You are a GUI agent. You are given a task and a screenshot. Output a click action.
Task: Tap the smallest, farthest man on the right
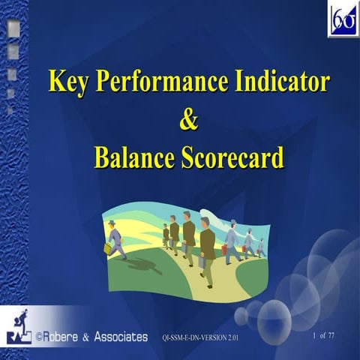(260, 248)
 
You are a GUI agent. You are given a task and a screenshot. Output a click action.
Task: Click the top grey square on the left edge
(13, 31)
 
